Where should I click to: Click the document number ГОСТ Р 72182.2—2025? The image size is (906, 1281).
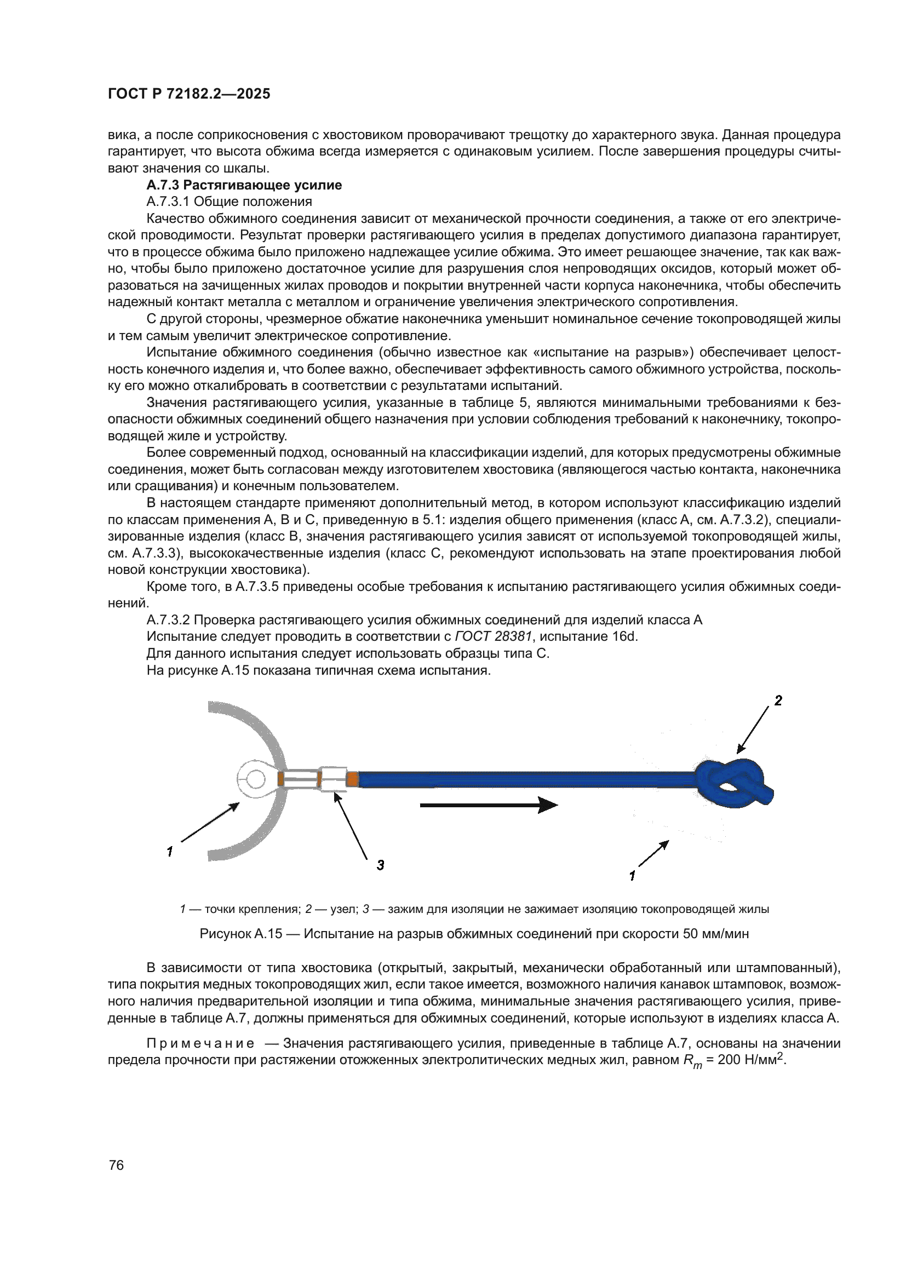[188, 94]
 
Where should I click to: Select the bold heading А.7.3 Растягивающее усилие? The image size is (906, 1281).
[244, 185]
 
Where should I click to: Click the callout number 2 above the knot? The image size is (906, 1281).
[778, 701]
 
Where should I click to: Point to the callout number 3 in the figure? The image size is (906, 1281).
[380, 865]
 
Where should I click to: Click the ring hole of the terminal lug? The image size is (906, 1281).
[256, 778]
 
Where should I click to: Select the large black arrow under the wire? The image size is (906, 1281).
[488, 805]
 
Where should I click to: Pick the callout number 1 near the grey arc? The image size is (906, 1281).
[170, 852]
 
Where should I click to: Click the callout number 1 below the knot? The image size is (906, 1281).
[632, 876]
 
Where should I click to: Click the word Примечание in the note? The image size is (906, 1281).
[200, 1043]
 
